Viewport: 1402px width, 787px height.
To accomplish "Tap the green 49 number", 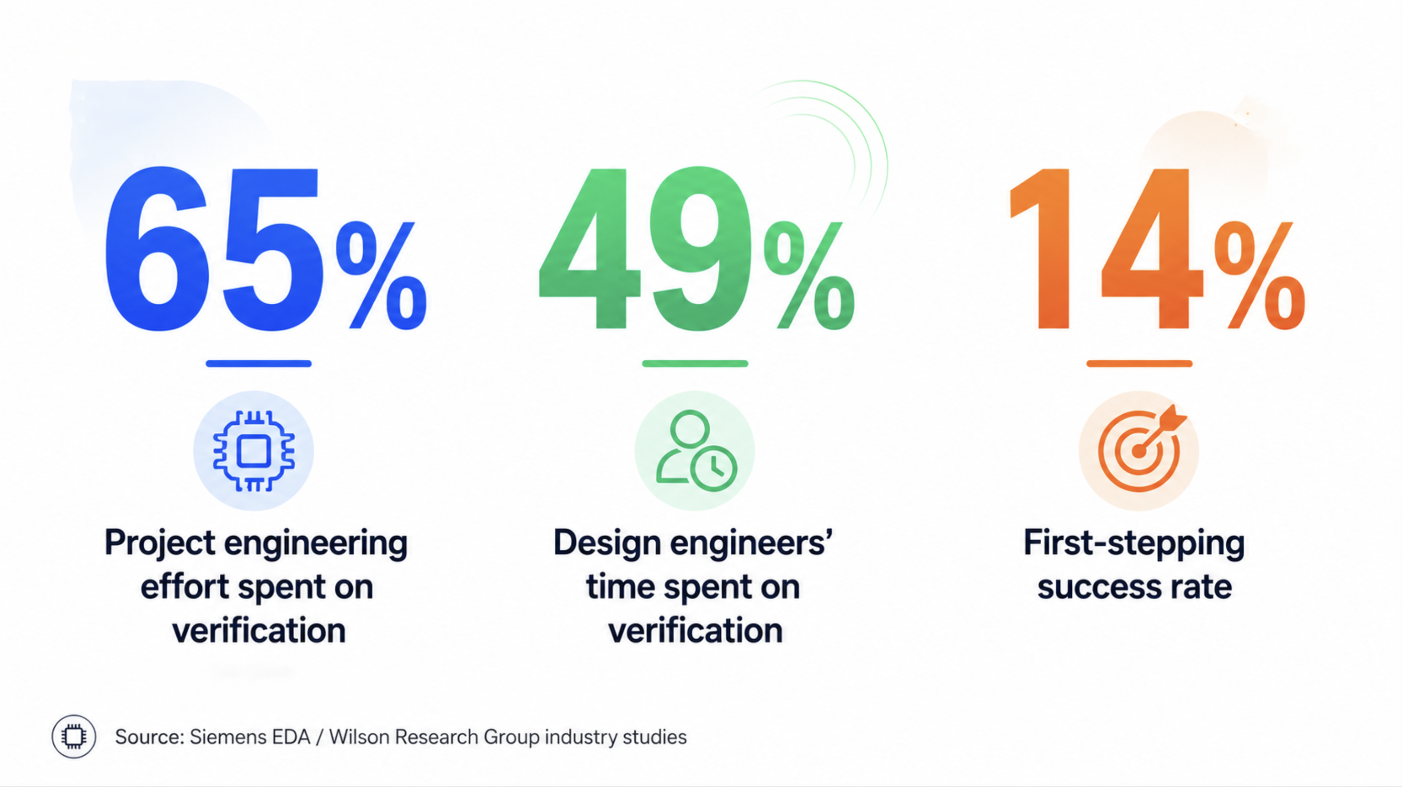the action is coord(645,249).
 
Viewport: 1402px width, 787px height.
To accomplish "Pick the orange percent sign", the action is coord(1259,275).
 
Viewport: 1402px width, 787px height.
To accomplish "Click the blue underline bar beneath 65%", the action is coord(259,364).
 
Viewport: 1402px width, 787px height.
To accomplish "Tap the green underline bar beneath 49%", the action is coord(695,364).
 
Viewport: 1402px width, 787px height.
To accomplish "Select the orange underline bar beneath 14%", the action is coord(1140,364).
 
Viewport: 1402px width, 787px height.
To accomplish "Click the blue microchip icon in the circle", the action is coord(254,451).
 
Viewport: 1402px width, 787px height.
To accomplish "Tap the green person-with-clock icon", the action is coord(696,451).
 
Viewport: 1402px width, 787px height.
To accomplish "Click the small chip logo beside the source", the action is coord(73,737).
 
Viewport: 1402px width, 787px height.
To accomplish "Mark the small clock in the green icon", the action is coord(714,468).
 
